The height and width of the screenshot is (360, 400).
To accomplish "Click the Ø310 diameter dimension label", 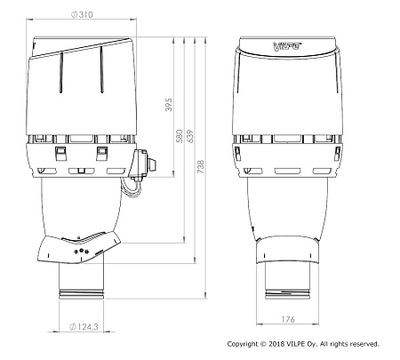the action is click(x=82, y=14).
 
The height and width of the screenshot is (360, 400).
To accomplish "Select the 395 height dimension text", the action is click(x=168, y=105).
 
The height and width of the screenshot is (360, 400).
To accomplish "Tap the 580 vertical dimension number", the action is click(x=180, y=136).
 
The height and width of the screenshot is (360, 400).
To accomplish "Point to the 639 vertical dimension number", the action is click(x=189, y=136).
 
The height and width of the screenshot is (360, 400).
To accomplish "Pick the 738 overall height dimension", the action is click(x=201, y=167).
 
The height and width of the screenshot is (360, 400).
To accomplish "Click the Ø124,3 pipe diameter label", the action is click(x=84, y=326).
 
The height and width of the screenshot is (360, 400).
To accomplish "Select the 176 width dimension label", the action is click(x=288, y=319).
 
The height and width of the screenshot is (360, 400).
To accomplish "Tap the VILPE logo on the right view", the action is click(x=287, y=46).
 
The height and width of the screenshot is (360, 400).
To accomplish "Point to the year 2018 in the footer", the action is click(x=276, y=344).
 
